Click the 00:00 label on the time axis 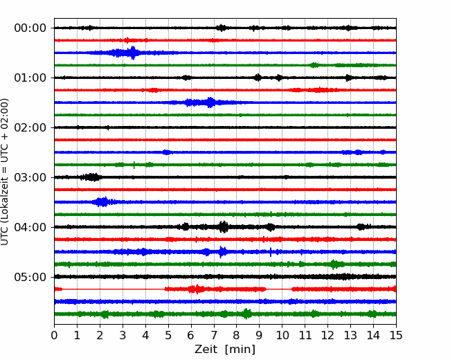[30, 28]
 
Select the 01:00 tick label [30, 78]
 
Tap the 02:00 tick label [30, 127]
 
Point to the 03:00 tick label [30, 177]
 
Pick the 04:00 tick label [30, 227]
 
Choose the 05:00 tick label [30, 277]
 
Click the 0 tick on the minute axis [54, 335]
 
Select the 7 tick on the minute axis [214, 335]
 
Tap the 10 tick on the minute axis [282, 335]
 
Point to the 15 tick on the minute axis [396, 335]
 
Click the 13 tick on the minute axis [350, 335]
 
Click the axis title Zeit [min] [225, 350]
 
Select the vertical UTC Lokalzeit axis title [5, 172]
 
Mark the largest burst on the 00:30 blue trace [133, 53]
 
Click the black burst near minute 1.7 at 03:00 [92, 177]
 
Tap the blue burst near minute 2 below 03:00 [102, 202]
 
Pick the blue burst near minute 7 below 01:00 [211, 102]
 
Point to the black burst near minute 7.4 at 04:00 [224, 227]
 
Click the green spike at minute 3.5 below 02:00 [134, 165]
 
